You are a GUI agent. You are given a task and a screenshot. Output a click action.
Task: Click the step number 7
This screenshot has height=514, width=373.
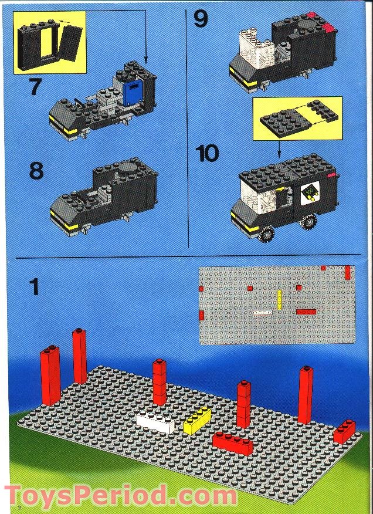[x=35, y=86]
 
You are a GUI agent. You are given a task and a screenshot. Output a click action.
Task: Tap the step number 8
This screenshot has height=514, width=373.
[x=36, y=171]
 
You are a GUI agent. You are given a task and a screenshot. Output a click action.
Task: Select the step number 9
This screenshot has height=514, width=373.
[x=201, y=19]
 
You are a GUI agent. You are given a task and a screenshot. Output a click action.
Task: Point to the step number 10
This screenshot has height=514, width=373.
[x=207, y=154]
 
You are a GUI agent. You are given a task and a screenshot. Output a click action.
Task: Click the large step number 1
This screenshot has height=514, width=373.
[x=35, y=287]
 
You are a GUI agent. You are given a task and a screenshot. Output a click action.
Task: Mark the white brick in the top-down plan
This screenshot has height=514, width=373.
[x=262, y=313]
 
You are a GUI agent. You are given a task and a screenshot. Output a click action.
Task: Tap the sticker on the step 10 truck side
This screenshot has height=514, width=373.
[x=309, y=193]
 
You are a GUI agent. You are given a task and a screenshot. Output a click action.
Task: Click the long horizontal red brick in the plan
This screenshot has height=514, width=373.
[x=306, y=312]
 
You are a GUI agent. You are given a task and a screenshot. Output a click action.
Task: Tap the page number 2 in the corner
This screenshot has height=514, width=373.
[x=19, y=506]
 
